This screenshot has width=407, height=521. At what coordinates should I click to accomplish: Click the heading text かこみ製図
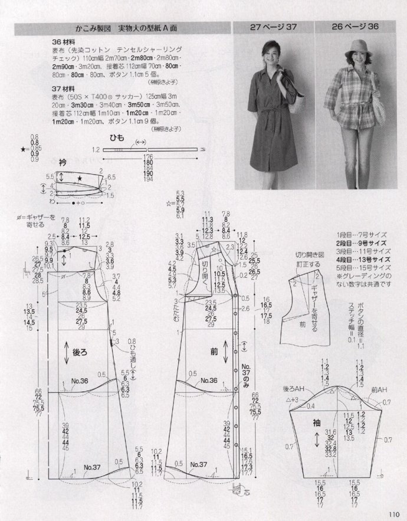point(91,27)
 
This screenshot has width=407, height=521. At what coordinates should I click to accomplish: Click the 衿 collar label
point(63,162)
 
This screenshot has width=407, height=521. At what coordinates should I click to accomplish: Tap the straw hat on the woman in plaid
point(357,48)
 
